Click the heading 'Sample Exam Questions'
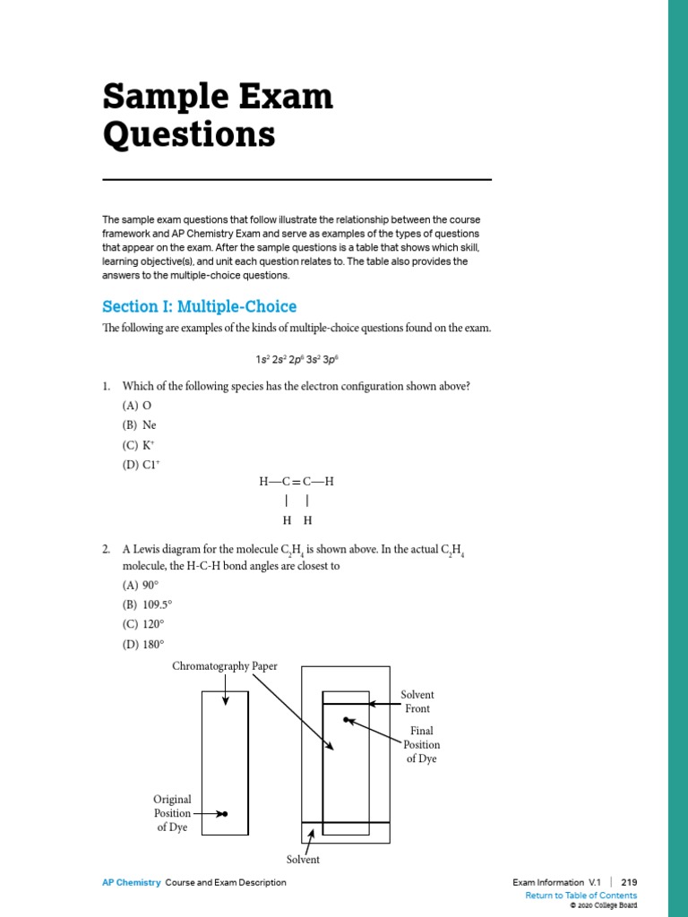pos(218,116)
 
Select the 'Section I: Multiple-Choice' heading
pos(199,306)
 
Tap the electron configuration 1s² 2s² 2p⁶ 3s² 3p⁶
pos(297,359)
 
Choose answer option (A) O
pos(137,406)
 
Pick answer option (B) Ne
pos(139,425)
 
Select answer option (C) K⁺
pos(139,445)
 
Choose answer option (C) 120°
pos(142,624)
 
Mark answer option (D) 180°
pos(142,644)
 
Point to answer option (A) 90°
pos(140,585)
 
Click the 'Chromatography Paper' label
pos(225,666)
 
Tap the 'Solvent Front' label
pos(417,702)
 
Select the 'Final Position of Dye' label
pos(421,745)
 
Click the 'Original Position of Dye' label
pos(172,813)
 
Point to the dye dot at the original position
pos(225,814)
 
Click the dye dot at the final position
pos(345,720)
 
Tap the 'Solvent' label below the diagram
pos(303,860)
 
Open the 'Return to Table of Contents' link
pos(580,896)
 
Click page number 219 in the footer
pos(629,882)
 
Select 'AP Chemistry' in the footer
pos(132,882)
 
